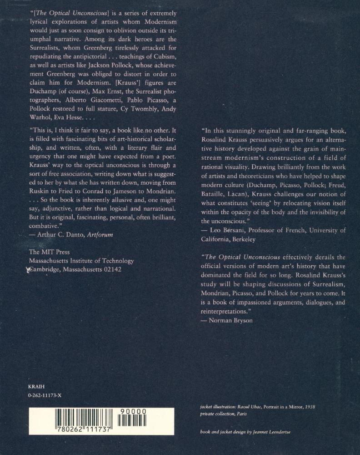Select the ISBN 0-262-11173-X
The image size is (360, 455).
[x=45, y=396]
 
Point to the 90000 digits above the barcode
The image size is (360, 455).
[x=134, y=412]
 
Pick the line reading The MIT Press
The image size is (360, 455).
[x=49, y=252]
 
